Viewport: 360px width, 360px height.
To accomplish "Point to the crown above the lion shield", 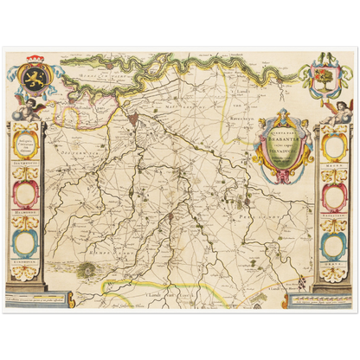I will [32, 61].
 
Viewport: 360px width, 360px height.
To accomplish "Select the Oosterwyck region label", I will [69, 156].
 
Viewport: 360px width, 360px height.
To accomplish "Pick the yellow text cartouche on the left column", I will [28, 144].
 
